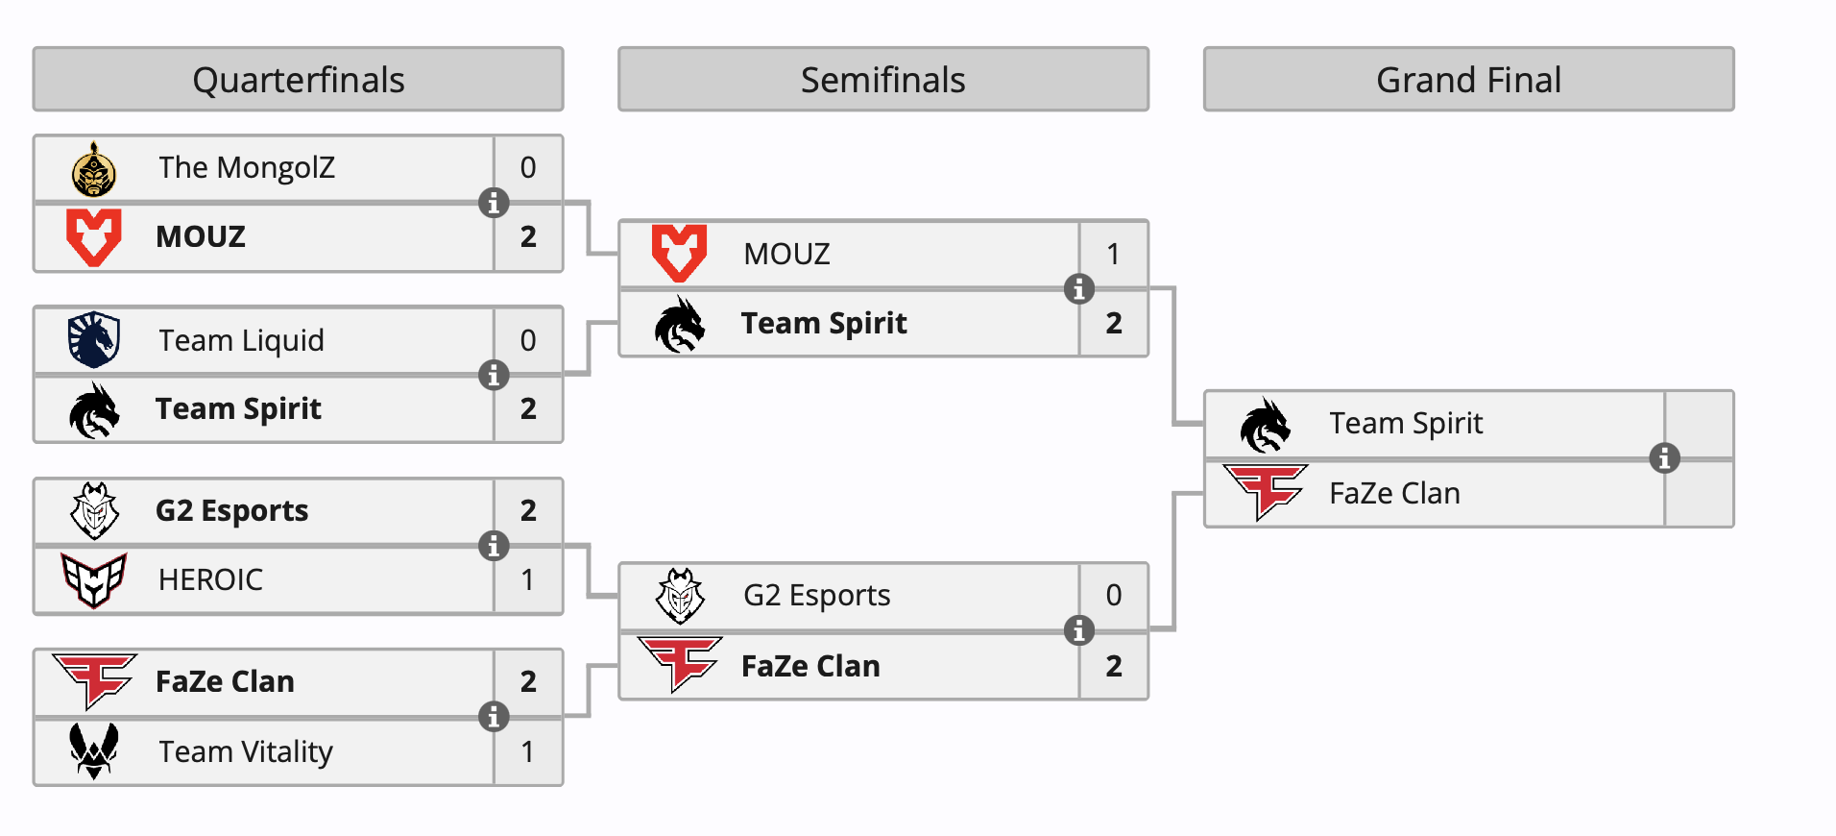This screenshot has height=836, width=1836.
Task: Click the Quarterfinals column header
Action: (298, 80)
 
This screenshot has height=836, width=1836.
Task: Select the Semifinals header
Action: (882, 80)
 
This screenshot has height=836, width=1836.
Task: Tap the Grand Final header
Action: (1468, 80)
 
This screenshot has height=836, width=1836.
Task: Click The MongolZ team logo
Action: (94, 169)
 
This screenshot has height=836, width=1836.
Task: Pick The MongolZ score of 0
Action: (528, 168)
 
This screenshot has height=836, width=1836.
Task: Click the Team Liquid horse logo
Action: (94, 340)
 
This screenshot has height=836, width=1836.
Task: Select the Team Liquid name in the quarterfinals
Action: (241, 340)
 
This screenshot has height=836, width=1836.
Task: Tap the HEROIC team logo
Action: (94, 579)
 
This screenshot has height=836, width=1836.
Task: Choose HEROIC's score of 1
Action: (528, 579)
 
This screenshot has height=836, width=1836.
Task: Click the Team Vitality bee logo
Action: (94, 750)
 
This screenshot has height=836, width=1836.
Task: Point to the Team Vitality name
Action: (246, 751)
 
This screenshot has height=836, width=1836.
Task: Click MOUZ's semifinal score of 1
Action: (1113, 254)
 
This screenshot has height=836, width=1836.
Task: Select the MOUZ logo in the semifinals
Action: (679, 254)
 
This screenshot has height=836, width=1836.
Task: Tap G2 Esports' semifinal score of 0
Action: (1113, 596)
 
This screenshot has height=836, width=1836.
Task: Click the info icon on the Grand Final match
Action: (1664, 458)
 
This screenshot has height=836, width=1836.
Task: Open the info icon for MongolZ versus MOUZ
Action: (494, 203)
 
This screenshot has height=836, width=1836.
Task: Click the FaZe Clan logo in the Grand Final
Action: (1266, 491)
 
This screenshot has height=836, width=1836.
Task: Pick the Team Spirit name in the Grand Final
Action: (1406, 424)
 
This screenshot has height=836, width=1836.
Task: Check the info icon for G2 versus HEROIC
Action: (494, 546)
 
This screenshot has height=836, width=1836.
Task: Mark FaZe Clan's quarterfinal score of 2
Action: (528, 682)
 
